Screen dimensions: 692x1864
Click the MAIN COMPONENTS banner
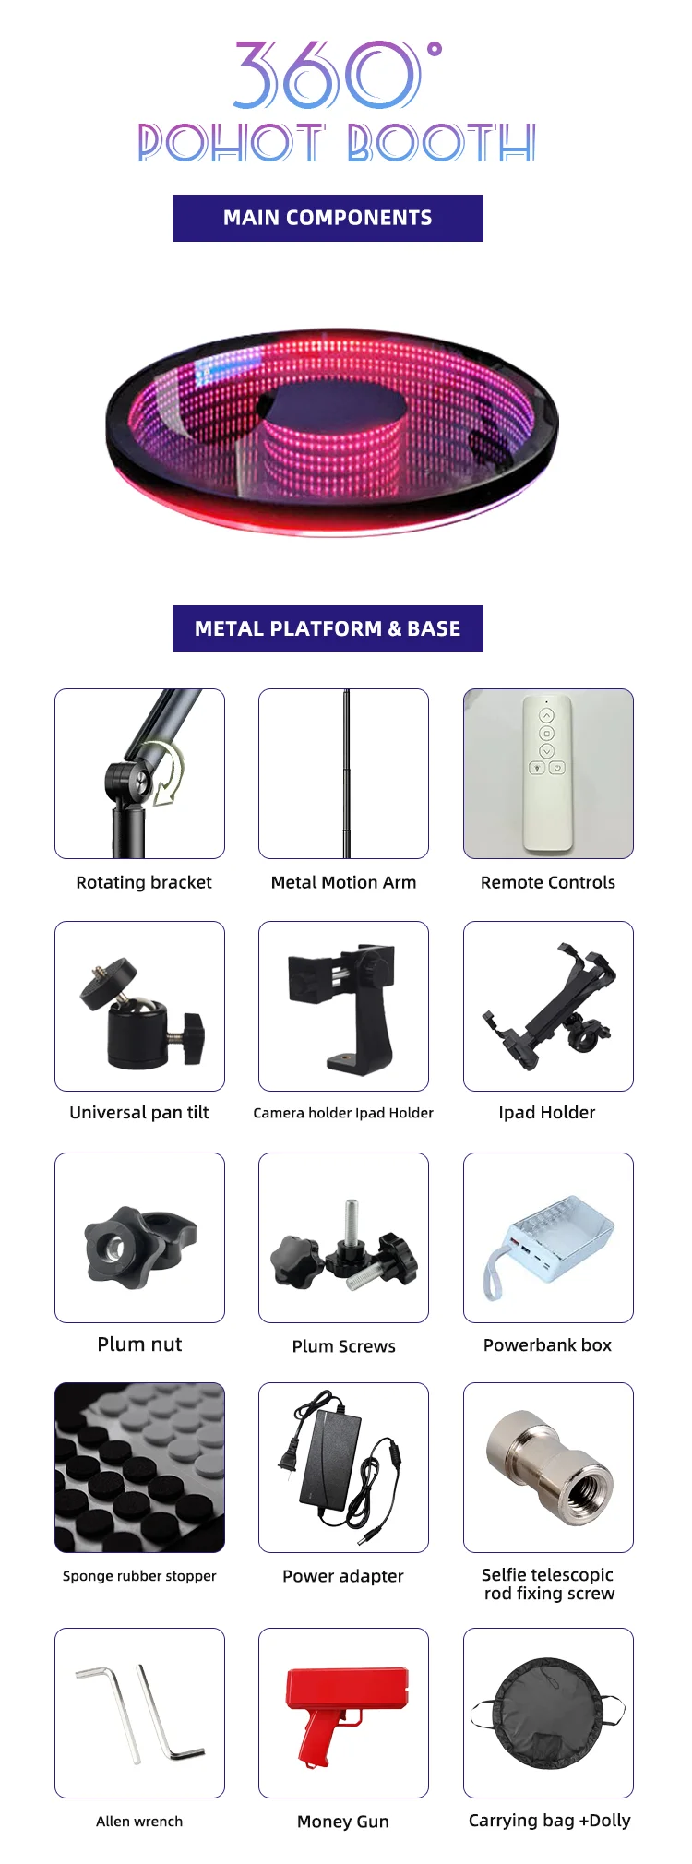(328, 218)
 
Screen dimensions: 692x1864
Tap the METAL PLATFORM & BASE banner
(328, 628)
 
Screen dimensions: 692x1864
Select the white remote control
(547, 773)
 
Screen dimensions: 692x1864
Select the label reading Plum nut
(139, 1344)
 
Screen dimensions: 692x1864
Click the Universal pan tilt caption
(139, 1112)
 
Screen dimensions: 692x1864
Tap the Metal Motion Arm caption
(343, 882)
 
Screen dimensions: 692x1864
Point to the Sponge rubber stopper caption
(139, 1576)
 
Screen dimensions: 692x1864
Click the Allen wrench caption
(139, 1821)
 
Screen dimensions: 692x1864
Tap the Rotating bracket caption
(144, 882)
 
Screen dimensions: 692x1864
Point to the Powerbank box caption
(547, 1344)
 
